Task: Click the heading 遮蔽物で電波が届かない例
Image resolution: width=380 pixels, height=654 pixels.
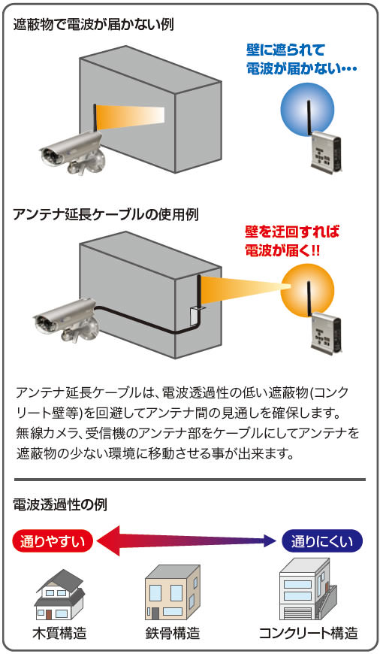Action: click(93, 25)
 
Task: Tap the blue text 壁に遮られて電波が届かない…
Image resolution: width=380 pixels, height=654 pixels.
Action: click(302, 59)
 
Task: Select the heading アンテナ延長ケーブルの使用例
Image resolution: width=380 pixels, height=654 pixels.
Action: click(105, 214)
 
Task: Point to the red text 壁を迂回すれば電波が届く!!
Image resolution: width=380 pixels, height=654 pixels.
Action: click(292, 241)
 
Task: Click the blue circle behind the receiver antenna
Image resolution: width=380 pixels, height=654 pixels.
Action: click(307, 108)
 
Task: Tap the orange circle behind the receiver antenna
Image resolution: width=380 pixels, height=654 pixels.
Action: click(307, 290)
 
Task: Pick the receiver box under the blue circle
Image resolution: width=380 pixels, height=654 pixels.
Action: click(326, 151)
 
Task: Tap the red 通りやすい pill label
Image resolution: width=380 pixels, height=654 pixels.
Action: click(52, 541)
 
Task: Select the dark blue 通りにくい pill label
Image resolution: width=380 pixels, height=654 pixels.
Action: click(321, 541)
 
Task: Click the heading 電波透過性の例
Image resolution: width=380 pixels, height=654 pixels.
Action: click(60, 504)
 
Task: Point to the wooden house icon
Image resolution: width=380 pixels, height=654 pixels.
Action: click(60, 595)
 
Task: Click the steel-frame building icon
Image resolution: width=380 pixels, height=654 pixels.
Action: click(172, 592)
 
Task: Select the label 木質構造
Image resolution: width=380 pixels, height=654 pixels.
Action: click(60, 633)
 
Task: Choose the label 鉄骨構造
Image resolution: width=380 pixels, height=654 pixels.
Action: click(173, 633)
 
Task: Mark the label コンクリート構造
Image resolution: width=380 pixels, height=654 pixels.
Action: click(309, 633)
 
